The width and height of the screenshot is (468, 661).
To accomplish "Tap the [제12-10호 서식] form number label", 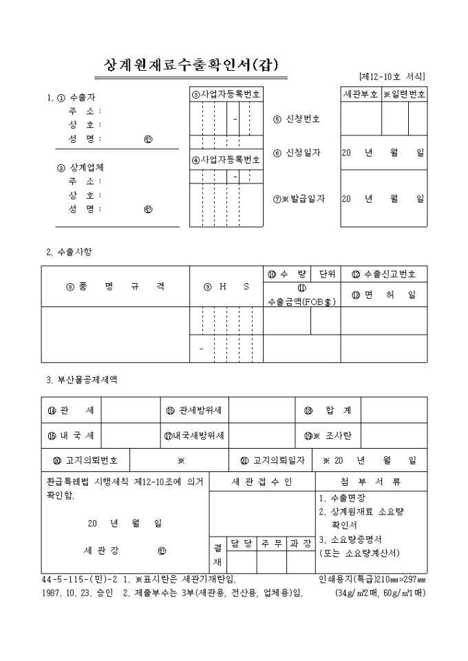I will point(391,76).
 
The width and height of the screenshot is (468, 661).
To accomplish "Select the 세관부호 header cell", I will point(361,94).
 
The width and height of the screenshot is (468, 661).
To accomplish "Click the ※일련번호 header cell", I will point(405,94).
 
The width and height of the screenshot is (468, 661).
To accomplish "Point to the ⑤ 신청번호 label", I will point(297,119).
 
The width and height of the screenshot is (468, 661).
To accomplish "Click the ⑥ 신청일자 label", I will point(297,153).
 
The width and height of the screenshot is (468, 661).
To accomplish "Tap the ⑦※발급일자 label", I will point(299,199).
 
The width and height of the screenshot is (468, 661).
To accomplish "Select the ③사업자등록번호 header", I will point(226,94).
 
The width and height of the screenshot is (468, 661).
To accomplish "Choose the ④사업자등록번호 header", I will point(226,160).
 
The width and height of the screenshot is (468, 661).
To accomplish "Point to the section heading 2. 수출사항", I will point(69,251).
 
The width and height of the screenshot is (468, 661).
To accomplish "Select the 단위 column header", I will point(326,274).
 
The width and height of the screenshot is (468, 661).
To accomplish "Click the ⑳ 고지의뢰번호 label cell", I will point(85,460).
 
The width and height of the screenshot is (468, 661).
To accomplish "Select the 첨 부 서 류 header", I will point(370,482).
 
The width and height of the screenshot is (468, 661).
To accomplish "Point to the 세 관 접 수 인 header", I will point(262,482).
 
